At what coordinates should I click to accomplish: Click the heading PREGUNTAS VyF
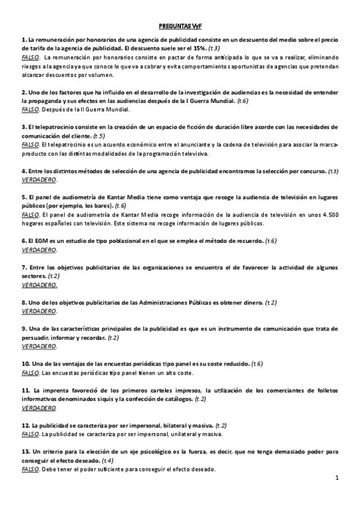coord(180,26)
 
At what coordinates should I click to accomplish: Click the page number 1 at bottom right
coord(338,478)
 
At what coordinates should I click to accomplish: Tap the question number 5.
coord(23,197)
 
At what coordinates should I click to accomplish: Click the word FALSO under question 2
coord(29,110)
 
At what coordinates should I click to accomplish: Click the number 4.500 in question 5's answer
coord(326,215)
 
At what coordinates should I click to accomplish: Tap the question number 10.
coord(25,364)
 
